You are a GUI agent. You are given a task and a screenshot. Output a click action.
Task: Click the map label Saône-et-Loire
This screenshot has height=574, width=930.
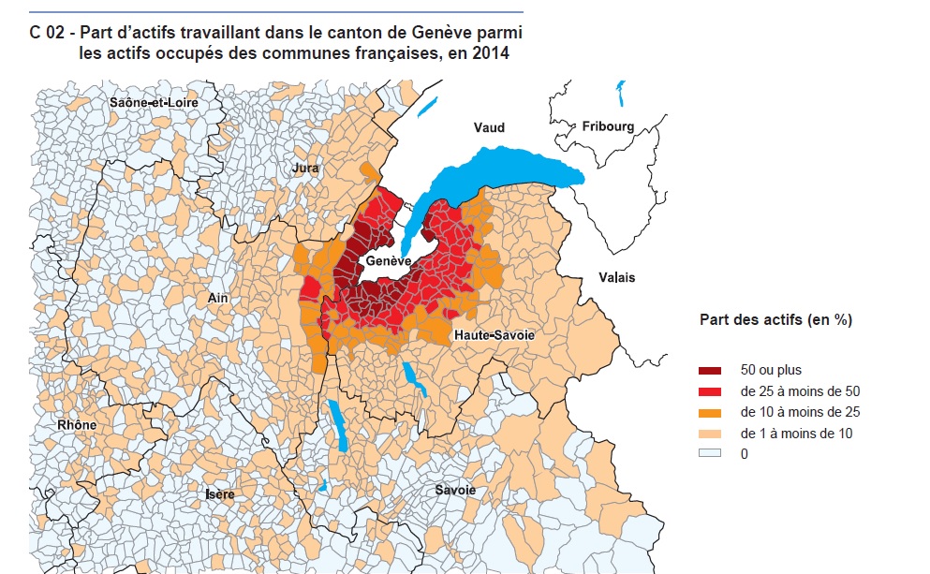pyautogui.click(x=154, y=102)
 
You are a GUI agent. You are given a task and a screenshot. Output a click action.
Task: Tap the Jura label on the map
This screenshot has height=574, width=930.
pyautogui.click(x=306, y=169)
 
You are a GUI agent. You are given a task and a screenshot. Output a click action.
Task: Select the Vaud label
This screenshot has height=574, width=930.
pyautogui.click(x=489, y=127)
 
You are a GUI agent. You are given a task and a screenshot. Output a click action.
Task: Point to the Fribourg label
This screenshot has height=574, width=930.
pyautogui.click(x=608, y=126)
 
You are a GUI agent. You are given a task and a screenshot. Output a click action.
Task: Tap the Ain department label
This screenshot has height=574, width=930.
pyautogui.click(x=218, y=298)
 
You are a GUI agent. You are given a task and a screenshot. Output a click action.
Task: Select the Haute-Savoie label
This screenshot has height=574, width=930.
pyautogui.click(x=495, y=334)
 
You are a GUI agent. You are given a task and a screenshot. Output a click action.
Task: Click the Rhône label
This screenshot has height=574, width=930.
pyautogui.click(x=77, y=425)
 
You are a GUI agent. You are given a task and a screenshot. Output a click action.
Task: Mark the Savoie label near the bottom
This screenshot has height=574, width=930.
pyautogui.click(x=455, y=490)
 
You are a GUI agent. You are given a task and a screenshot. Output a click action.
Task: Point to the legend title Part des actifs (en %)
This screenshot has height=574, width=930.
pyautogui.click(x=775, y=319)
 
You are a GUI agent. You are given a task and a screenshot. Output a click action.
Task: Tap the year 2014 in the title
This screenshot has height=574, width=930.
pyautogui.click(x=491, y=53)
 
